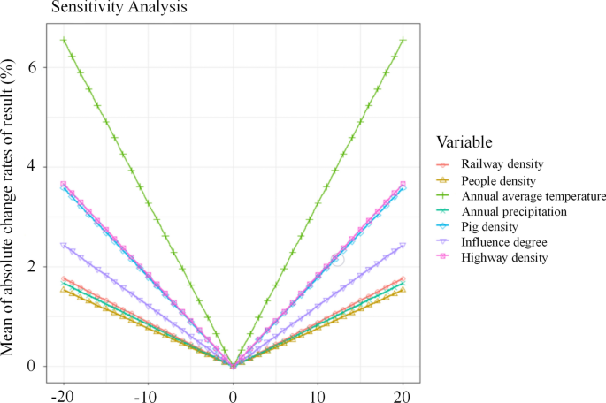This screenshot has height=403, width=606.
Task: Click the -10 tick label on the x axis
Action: pyautogui.click(x=146, y=394)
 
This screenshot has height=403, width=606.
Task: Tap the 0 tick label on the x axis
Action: pyautogui.click(x=233, y=394)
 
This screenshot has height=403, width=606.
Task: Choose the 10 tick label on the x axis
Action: pyautogui.click(x=318, y=394)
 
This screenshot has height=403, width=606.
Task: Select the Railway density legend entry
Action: pyautogui.click(x=502, y=164)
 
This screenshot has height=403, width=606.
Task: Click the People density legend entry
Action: pyautogui.click(x=499, y=179)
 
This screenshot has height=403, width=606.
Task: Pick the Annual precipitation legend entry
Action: pyautogui.click(x=513, y=211)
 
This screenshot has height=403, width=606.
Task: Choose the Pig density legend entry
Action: pyautogui.click(x=490, y=226)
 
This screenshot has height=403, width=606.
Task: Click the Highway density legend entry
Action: pyautogui.click(x=504, y=257)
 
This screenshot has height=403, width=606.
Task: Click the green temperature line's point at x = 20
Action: pyautogui.click(x=403, y=40)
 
